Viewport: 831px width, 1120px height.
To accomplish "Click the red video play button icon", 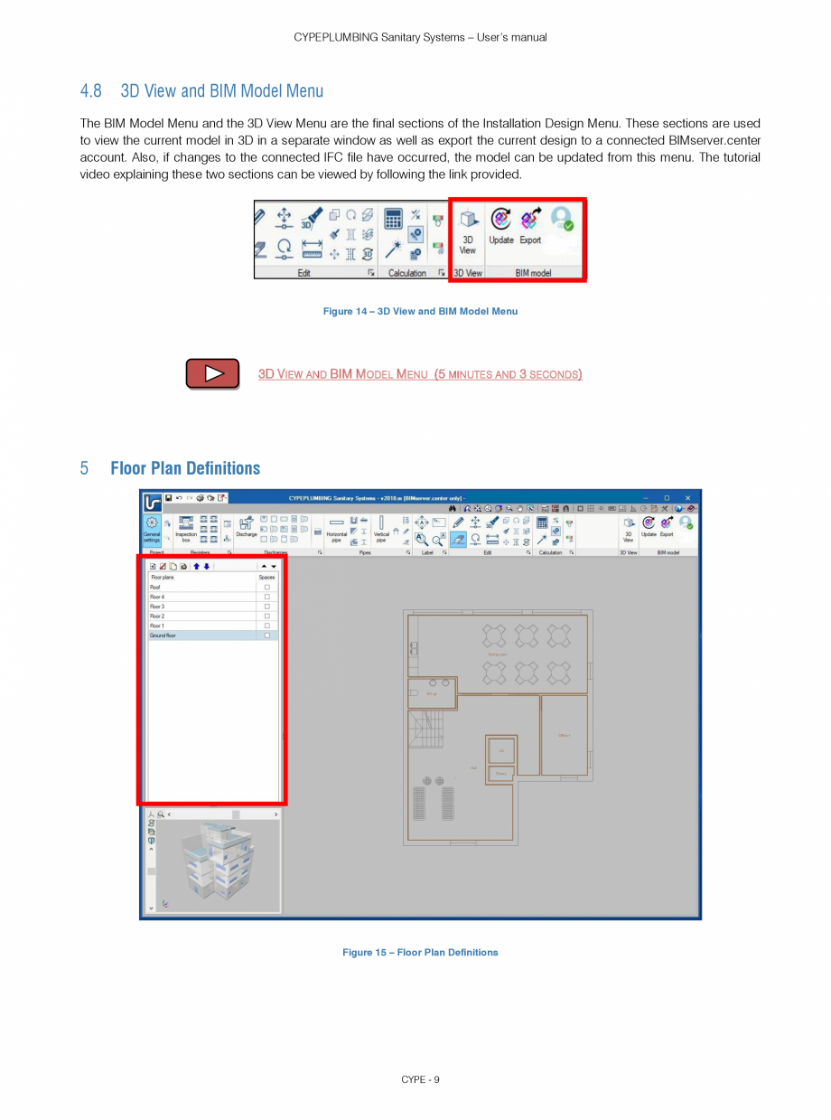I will point(212,373).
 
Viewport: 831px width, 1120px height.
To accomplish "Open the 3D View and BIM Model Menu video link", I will point(420,374).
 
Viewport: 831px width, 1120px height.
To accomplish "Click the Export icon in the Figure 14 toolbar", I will point(530,225).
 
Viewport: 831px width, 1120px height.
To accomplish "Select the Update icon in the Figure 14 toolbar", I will point(501,225).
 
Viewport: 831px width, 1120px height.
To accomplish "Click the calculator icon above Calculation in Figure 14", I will point(393,219).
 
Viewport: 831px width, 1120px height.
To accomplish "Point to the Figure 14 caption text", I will point(420,312).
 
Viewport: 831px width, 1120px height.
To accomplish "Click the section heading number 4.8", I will point(90,91).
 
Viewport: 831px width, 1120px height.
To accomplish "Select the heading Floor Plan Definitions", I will point(185,468).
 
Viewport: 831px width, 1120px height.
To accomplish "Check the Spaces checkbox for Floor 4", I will point(266,597).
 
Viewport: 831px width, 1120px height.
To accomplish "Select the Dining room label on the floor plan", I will point(497,654).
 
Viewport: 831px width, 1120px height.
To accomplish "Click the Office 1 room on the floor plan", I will point(565,735).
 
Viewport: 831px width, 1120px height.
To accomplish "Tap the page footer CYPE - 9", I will point(420,1079).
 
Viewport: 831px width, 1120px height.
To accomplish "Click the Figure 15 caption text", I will point(420,952).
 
